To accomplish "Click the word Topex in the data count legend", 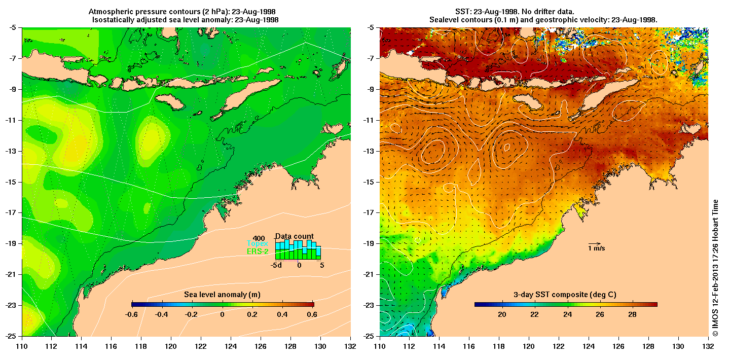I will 257,243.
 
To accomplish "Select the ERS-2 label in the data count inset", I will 257,251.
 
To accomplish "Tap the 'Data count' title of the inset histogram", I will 294,236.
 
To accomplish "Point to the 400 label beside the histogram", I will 259,238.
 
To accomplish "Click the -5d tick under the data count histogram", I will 276,265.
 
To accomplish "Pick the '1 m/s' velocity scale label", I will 597,248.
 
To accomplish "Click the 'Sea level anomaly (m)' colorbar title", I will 222,295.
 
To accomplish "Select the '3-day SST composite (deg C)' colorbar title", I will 566,295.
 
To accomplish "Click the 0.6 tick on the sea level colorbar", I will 312,314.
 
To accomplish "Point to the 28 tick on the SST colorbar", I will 632,314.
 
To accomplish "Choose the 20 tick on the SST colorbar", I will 502,314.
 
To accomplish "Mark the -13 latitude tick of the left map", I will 12,151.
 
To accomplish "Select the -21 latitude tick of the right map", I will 370,274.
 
